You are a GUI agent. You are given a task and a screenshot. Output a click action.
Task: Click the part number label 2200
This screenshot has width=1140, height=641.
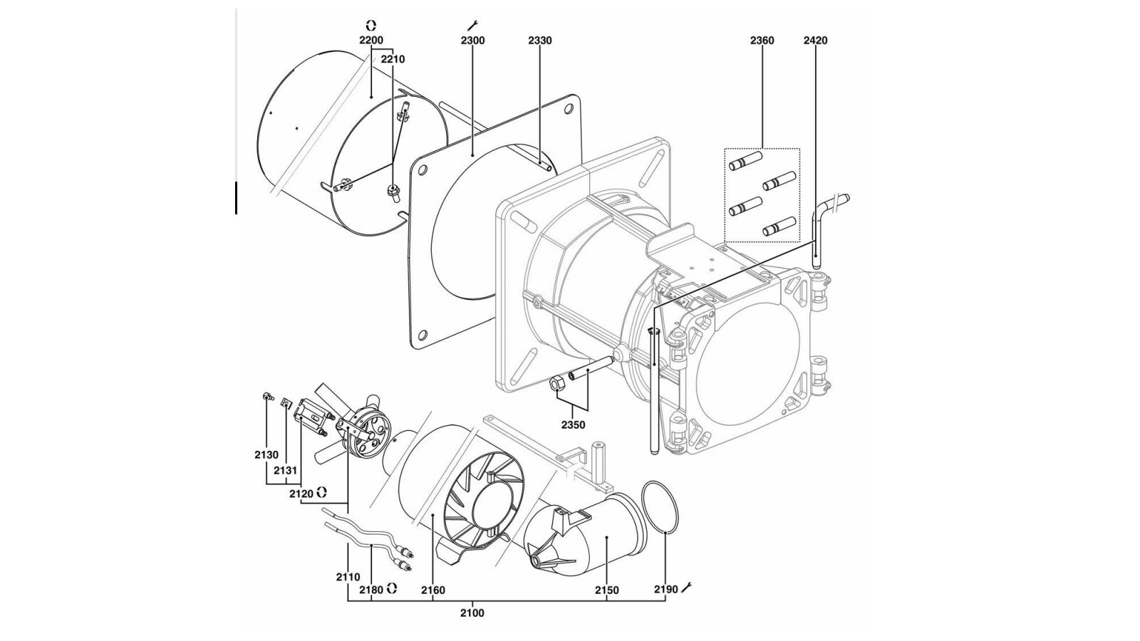pyautogui.click(x=371, y=40)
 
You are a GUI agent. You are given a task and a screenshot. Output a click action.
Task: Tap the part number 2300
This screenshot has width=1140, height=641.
pyautogui.click(x=473, y=40)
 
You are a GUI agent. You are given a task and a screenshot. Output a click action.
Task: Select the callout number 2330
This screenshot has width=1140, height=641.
pyautogui.click(x=540, y=40)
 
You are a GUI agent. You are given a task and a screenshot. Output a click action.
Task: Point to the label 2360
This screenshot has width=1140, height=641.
pyautogui.click(x=762, y=40)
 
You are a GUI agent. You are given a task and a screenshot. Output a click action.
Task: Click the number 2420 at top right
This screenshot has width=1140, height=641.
pyautogui.click(x=815, y=40)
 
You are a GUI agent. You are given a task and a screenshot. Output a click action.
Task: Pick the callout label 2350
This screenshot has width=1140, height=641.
pyautogui.click(x=573, y=424)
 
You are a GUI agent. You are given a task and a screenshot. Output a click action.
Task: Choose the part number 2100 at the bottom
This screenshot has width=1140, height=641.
pyautogui.click(x=472, y=613)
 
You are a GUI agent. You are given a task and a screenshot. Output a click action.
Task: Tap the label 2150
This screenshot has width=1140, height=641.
pyautogui.click(x=606, y=590)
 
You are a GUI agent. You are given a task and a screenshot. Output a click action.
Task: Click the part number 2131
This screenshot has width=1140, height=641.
pyautogui.click(x=285, y=471)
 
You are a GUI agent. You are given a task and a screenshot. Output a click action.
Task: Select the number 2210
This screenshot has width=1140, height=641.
pyautogui.click(x=393, y=60)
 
